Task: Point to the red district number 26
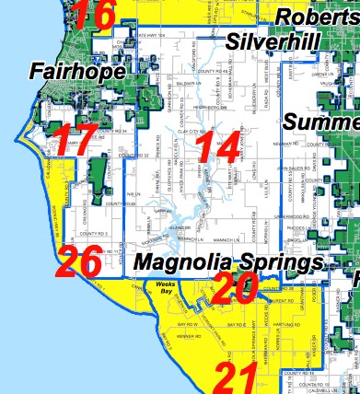tap(77, 264)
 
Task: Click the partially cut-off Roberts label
tap(319, 18)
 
